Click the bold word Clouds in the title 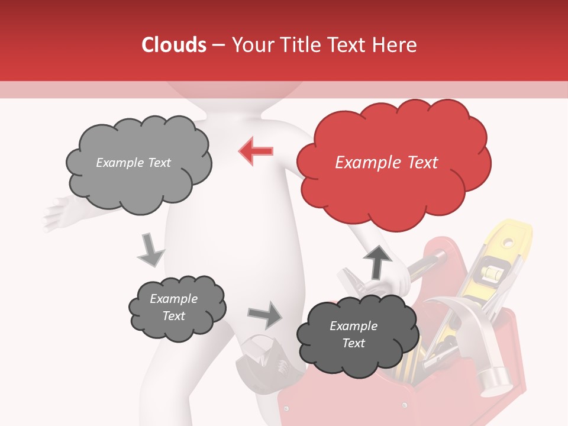[173, 45]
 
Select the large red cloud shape [393, 163]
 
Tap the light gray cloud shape [138, 163]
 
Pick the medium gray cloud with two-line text [177, 308]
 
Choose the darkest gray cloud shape [353, 334]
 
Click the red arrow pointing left [256, 150]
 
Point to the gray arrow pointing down [150, 250]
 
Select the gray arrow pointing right [265, 315]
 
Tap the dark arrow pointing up [377, 262]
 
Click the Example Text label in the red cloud [386, 163]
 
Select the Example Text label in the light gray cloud [133, 163]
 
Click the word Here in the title [395, 45]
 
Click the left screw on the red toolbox [286, 408]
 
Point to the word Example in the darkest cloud [353, 326]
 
